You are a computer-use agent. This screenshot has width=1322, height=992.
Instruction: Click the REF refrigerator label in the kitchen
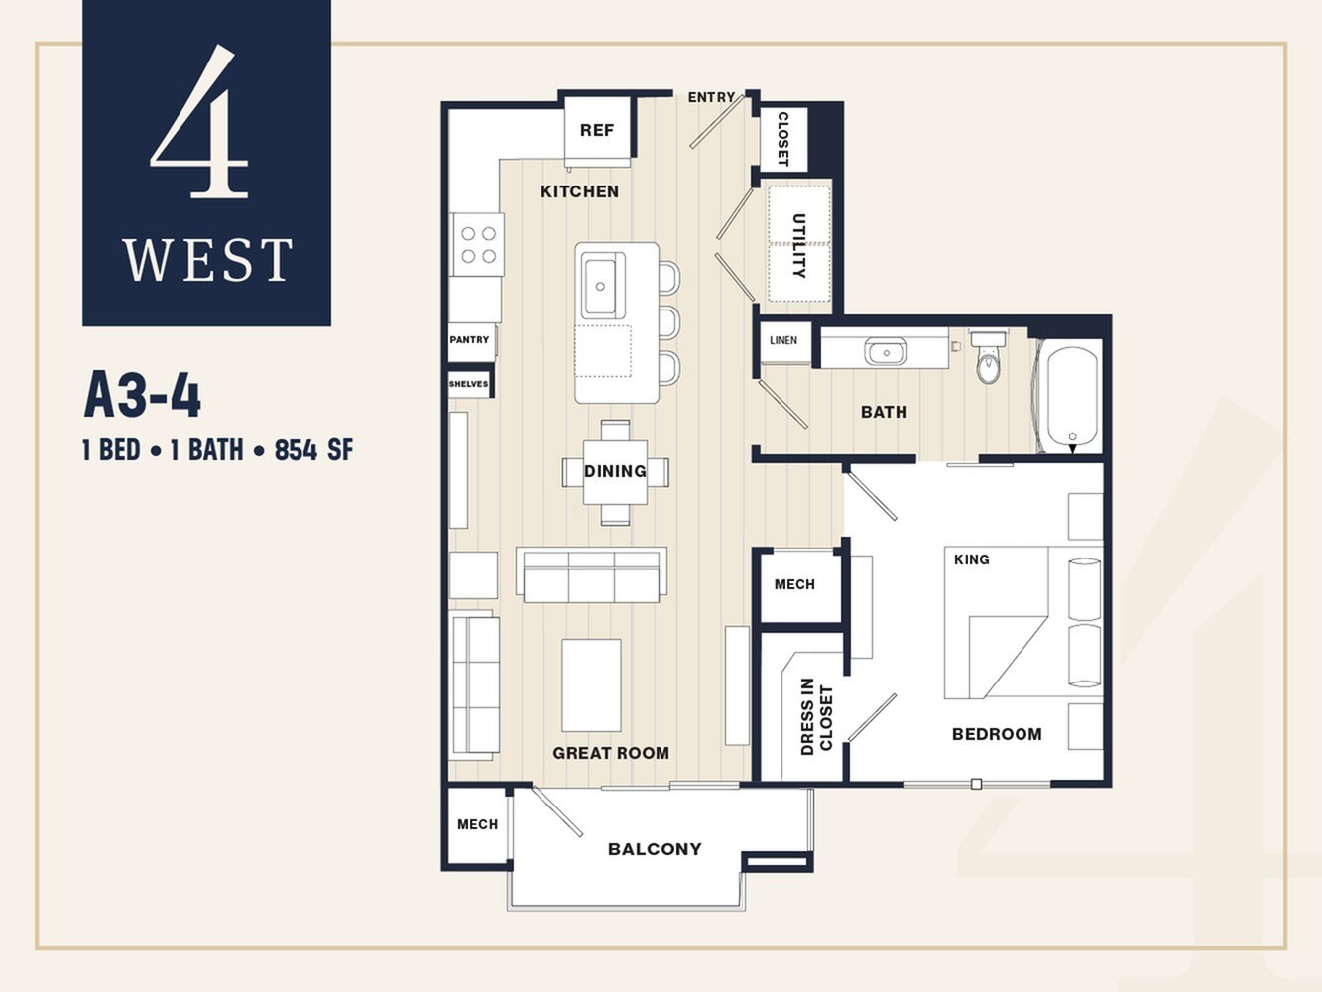click(x=596, y=130)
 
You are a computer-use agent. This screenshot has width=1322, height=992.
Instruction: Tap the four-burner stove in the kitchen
click(x=478, y=245)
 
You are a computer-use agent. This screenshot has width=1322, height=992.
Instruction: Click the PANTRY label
click(x=469, y=340)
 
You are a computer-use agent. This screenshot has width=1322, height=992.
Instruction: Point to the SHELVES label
click(x=468, y=384)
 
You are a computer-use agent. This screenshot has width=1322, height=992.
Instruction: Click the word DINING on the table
click(x=615, y=471)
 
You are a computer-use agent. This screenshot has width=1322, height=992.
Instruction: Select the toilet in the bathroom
click(x=989, y=360)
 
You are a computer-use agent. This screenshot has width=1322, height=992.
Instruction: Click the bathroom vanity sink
click(x=885, y=351)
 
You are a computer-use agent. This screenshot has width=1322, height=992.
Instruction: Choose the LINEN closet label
click(x=783, y=340)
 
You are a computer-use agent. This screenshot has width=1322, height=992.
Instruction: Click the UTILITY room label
click(x=798, y=245)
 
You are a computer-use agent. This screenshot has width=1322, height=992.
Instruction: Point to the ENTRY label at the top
click(x=711, y=97)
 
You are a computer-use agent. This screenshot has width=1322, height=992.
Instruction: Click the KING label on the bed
click(x=971, y=559)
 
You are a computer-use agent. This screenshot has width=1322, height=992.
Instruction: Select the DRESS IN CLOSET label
click(x=816, y=716)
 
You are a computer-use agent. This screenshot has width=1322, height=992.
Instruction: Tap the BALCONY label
click(x=655, y=849)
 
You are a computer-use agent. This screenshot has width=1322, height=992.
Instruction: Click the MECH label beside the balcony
click(x=477, y=824)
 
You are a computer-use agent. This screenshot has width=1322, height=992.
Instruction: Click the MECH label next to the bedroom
click(x=794, y=584)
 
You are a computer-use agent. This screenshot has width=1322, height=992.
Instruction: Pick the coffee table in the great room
click(x=591, y=685)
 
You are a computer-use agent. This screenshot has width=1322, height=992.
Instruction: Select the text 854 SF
click(x=313, y=450)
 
